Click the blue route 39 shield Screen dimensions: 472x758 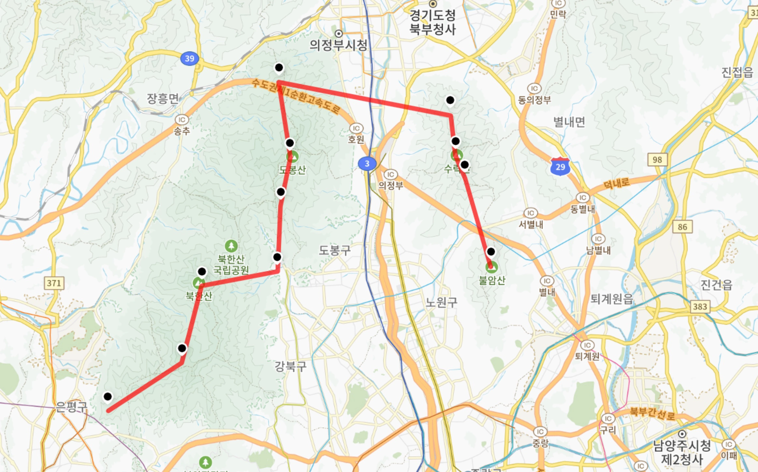[189, 59]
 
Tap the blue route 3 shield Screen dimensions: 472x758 [367, 163]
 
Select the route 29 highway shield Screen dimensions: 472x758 [560, 167]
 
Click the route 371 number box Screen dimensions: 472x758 [54, 283]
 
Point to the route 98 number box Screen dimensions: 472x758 [657, 160]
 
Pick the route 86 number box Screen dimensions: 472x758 [682, 227]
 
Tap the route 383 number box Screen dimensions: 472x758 [700, 307]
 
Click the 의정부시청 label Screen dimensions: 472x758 [338, 45]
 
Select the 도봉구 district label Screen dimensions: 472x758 [335, 250]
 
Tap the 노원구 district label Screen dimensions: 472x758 [442, 302]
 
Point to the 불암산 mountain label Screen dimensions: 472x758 [492, 280]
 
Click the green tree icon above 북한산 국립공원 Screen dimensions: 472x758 [231, 246]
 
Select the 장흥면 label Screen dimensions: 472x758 [163, 98]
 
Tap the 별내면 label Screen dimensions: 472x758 [569, 122]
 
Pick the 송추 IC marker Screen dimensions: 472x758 [182, 120]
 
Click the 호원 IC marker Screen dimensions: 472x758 [356, 128]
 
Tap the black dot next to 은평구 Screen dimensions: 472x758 [108, 397]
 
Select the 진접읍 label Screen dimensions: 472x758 [737, 72]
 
